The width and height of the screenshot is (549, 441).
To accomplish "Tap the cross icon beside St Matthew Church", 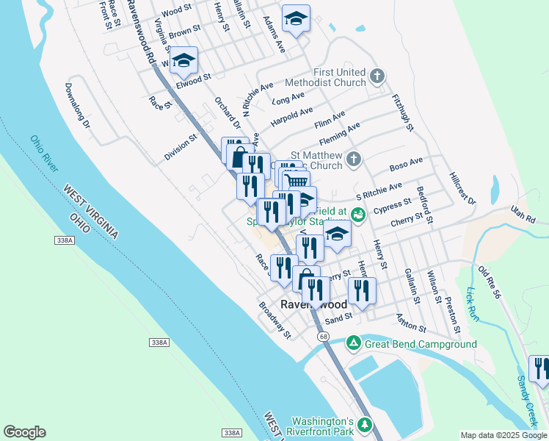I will [x=353, y=159].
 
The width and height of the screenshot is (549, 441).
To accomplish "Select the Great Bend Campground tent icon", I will [x=353, y=343].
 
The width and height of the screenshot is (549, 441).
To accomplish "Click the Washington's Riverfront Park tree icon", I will [x=365, y=426].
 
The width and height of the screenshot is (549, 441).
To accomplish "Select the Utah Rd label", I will [x=523, y=214].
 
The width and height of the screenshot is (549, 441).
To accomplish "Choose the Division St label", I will [x=181, y=146].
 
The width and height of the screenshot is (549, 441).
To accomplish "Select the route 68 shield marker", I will [x=323, y=336].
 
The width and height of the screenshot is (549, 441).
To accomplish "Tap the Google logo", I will [x=24, y=432].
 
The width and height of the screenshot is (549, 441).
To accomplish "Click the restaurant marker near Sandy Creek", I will [x=540, y=368].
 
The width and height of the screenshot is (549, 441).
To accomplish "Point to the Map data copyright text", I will [x=503, y=435].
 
